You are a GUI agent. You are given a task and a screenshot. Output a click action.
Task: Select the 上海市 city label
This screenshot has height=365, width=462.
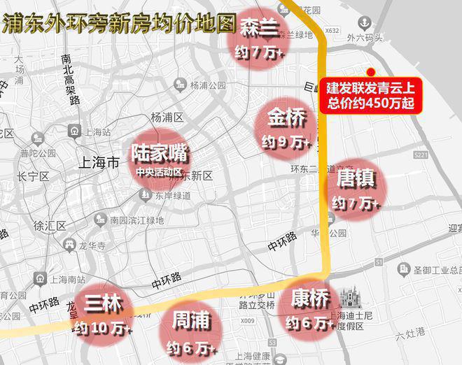click(x=101, y=162)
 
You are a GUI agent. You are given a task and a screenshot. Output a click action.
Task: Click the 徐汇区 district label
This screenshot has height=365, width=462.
click(x=50, y=225)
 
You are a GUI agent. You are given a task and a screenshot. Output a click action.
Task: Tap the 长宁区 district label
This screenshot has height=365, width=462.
click(x=31, y=176)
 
